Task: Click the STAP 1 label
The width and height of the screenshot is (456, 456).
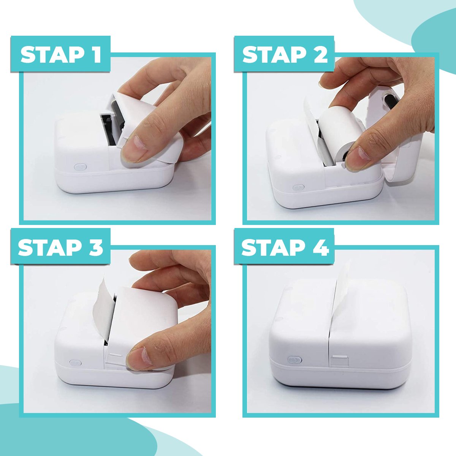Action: (61, 54)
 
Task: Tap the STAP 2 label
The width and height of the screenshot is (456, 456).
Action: (285, 54)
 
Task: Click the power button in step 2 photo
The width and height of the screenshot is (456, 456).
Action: (298, 187)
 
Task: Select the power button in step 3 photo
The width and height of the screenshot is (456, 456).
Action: (74, 363)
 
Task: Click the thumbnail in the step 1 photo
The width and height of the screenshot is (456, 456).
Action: (135, 148)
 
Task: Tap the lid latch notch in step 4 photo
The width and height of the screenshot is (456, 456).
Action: (339, 360)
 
